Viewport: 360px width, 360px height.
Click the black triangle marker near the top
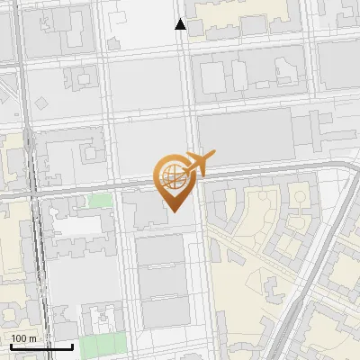(x=181, y=24)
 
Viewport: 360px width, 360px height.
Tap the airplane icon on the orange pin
(x=198, y=165)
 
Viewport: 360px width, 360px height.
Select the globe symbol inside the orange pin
(x=171, y=174)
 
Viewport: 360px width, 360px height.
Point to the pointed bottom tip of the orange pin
(x=174, y=211)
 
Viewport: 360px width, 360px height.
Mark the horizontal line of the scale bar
(x=40, y=346)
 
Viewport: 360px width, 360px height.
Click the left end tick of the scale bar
(x=10, y=345)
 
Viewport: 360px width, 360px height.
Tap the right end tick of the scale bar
(x=72, y=345)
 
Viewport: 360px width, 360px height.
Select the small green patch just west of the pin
(x=100, y=200)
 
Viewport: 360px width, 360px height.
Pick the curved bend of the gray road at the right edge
(x=349, y=171)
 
